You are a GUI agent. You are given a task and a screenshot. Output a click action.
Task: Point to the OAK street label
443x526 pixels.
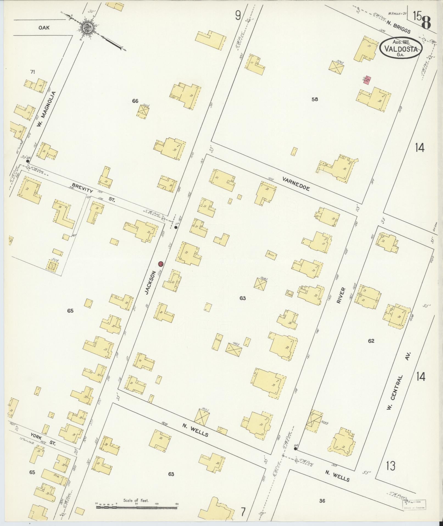[44, 28]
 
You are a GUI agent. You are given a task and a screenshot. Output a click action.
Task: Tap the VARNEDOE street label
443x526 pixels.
[296, 184]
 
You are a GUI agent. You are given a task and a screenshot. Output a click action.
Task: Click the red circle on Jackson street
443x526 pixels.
[161, 264]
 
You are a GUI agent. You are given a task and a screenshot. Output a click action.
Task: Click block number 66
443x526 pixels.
[135, 101]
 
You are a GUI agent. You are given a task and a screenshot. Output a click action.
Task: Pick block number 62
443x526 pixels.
[371, 341]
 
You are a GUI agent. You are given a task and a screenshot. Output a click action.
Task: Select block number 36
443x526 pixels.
[322, 501]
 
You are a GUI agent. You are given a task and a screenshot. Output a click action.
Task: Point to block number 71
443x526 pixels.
[33, 72]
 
